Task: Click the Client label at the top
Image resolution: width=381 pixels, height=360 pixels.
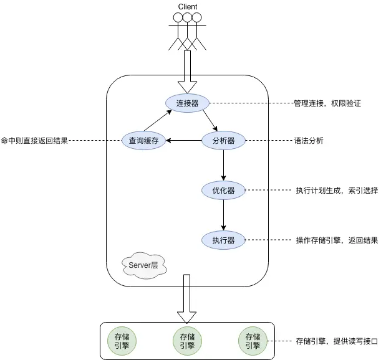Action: coord(187,7)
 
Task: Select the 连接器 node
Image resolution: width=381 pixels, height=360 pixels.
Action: coord(187,103)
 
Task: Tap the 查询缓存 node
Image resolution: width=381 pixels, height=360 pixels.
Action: coord(144,141)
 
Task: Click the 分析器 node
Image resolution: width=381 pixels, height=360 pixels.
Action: coord(223,141)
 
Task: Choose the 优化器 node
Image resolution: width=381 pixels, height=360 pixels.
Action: coord(223,190)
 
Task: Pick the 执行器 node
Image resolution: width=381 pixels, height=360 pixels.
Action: coord(223,240)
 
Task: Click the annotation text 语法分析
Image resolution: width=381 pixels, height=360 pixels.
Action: coord(309,141)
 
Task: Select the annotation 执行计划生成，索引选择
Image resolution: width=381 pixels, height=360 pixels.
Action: coord(337,190)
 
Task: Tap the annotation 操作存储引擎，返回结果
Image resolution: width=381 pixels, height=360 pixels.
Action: coord(337,240)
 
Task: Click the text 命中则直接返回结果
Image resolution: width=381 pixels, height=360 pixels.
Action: coord(34,141)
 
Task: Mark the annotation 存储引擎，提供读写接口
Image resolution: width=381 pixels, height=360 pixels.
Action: coord(337,341)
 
